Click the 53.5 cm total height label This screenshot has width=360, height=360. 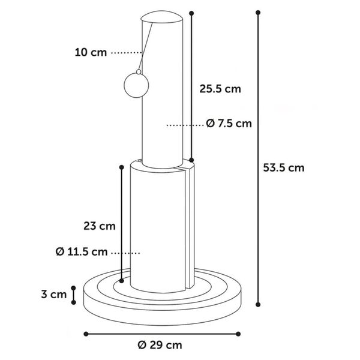point(284,167)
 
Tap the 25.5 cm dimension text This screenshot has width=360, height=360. point(220,89)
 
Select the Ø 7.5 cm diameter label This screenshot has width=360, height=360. point(229,124)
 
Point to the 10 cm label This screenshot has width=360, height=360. point(91,52)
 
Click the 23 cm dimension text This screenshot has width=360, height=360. point(100,226)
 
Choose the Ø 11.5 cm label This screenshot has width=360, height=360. point(82,251)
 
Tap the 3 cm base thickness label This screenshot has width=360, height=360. point(54,294)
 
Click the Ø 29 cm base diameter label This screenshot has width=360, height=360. point(160,345)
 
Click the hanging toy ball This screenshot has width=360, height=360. point(136,85)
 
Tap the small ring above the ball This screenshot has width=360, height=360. point(139,71)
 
